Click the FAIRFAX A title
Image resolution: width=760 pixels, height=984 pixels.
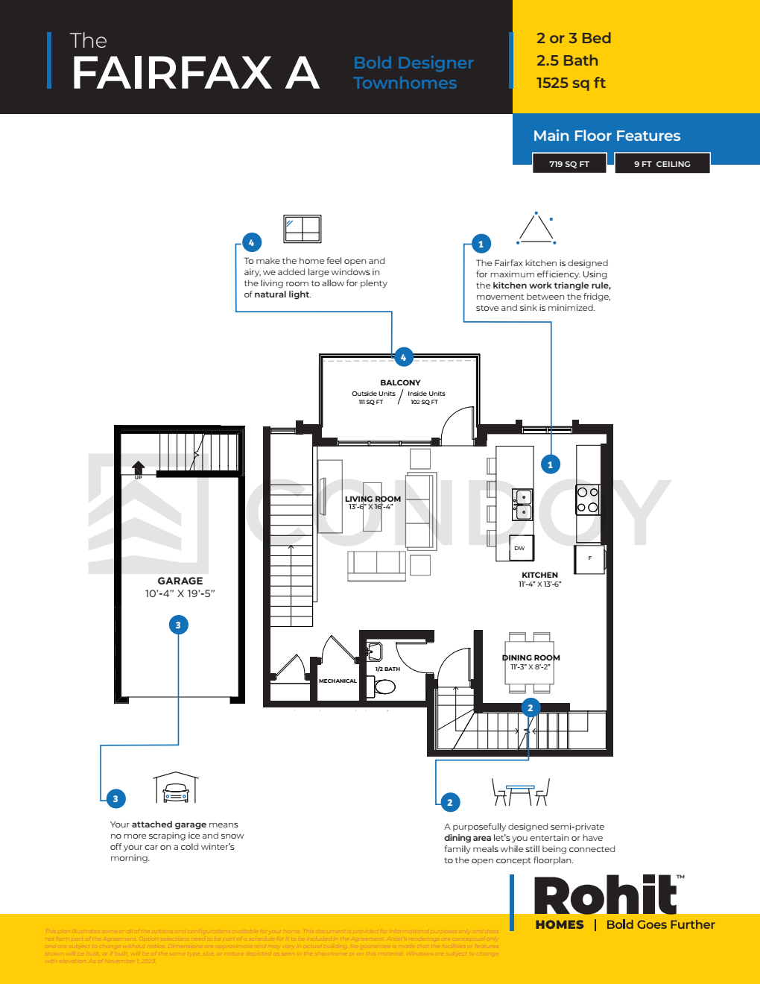(195, 73)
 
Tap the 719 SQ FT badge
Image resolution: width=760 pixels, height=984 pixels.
(569, 164)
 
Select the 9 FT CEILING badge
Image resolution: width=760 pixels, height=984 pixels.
(662, 164)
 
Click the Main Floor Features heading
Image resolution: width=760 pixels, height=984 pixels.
(607, 136)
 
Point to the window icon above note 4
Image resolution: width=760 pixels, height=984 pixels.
(302, 229)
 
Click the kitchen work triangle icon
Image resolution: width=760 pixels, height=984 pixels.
(536, 228)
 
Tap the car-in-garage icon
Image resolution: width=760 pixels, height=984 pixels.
(176, 789)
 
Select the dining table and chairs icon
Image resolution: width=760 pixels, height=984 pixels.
(521, 792)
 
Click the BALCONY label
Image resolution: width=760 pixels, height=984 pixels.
(400, 382)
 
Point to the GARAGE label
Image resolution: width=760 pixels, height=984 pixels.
(180, 581)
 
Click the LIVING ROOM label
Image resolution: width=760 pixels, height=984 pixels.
(373, 499)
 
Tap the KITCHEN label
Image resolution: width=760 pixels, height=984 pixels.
(539, 575)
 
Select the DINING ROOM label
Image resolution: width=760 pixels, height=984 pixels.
(531, 657)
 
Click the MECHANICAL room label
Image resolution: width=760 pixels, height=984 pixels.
(338, 681)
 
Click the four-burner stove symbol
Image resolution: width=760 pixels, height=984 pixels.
(587, 499)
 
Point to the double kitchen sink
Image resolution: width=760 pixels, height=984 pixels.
(523, 505)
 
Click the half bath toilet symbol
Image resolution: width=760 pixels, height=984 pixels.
(384, 687)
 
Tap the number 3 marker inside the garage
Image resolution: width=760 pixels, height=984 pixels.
(178, 625)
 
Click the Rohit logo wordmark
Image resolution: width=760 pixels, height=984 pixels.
(605, 896)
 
